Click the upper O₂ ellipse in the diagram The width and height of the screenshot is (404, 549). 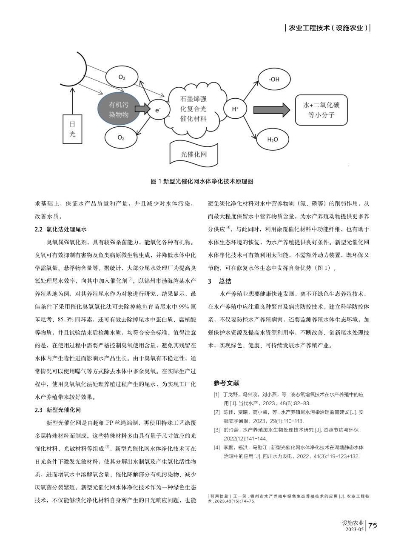[122, 77]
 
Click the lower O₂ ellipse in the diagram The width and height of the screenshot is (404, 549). [121, 137]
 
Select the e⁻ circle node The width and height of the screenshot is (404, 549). [158, 110]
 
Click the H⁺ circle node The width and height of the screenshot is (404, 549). [235, 109]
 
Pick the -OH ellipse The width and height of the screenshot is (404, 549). [274, 79]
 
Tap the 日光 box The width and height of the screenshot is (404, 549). [72, 129]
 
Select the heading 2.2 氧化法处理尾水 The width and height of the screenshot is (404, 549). [60, 229]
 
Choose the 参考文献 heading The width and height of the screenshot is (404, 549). [227, 383]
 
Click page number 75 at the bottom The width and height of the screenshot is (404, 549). [373, 526]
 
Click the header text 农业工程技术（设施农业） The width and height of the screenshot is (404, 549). [328, 28]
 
